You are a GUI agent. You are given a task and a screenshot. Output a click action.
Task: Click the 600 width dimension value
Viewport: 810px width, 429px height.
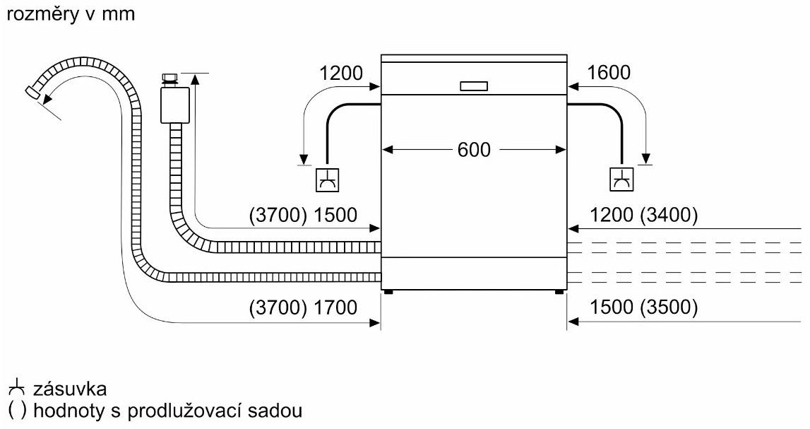[473, 150]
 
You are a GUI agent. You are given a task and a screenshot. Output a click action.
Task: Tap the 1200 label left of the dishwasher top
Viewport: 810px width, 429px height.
[341, 73]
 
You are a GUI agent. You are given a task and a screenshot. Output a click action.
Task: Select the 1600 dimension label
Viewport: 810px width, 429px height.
[609, 73]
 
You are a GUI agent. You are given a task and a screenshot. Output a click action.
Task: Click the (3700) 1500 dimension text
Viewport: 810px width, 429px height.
[303, 215]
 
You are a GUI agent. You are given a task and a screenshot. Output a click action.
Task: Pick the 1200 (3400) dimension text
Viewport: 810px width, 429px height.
[644, 215]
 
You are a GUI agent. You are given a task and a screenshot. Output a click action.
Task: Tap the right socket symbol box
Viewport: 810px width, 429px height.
[621, 180]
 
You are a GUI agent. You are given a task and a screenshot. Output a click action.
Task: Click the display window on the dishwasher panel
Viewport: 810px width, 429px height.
[473, 86]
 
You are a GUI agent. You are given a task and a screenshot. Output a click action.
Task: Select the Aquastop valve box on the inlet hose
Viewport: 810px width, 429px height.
[174, 105]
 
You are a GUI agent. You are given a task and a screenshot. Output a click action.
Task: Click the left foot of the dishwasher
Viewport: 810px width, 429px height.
[387, 290]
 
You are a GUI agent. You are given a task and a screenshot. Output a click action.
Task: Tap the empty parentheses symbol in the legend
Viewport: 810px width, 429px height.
[14, 410]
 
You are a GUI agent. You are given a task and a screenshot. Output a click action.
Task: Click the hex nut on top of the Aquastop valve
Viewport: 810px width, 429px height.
[170, 77]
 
